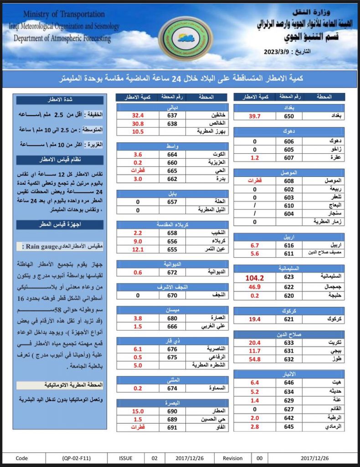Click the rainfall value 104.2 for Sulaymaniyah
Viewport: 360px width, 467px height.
[255, 277]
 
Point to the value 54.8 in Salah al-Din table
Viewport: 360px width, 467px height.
[255, 359]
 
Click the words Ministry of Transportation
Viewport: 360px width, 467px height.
[64, 15]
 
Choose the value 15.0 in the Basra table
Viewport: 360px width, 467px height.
[138, 411]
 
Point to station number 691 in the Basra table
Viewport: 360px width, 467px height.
[172, 427]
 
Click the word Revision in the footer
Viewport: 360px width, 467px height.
[233, 458]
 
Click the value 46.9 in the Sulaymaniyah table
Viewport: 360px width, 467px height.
[255, 287]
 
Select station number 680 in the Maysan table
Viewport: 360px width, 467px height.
[172, 318]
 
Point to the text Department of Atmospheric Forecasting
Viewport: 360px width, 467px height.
[62, 38]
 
